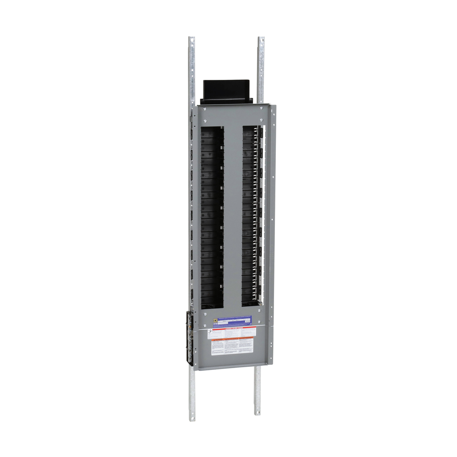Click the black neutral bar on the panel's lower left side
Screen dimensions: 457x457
coord(190,337)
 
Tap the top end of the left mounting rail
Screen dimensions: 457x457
coord(191,39)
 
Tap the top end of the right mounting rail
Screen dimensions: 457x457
coord(261,39)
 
